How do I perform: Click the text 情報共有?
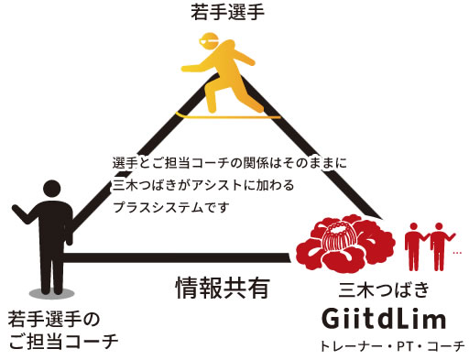click(222, 288)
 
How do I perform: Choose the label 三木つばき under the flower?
click(385, 291)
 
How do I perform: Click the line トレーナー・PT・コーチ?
click(392, 345)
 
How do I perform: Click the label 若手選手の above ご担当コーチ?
click(54, 320)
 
